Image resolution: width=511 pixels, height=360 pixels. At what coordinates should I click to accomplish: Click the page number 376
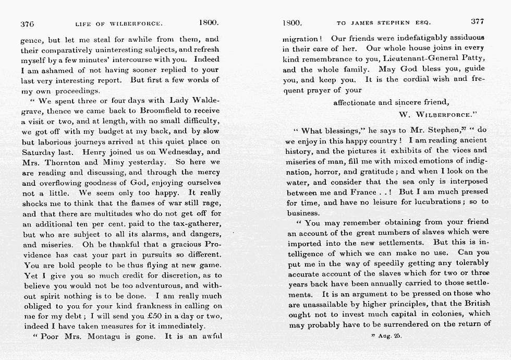[x=27, y=23]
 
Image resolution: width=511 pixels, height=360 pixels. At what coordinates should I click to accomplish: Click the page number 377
[x=477, y=22]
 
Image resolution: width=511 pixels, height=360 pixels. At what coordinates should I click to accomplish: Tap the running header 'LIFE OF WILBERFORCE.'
[x=119, y=24]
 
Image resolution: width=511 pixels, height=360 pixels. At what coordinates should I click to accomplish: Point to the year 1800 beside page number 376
[x=209, y=23]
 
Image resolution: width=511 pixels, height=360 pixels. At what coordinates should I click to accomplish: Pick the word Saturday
[x=40, y=152]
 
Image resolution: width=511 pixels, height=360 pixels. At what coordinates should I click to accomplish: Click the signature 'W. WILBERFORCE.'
[x=435, y=114]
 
